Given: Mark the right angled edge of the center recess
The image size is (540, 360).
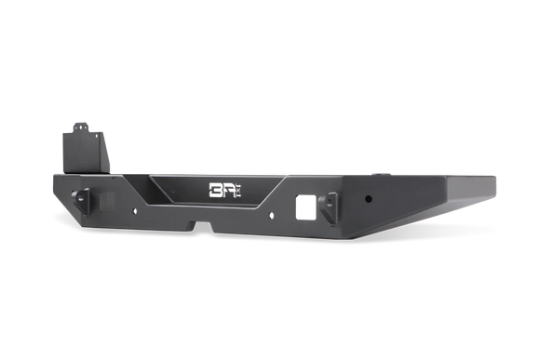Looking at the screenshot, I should point(280,196).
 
